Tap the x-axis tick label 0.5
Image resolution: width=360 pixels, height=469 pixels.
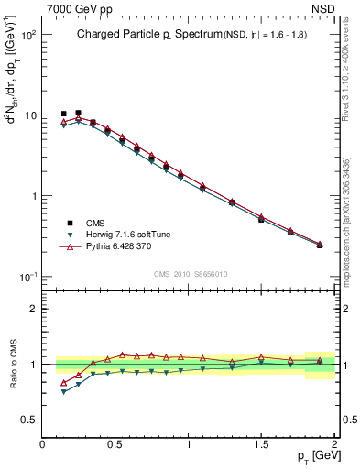115,444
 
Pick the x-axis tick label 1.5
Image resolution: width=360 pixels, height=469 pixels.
261,444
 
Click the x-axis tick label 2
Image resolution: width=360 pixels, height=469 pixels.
334,444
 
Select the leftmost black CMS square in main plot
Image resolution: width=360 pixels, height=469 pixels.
63,115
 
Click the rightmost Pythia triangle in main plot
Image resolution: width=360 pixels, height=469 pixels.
320,244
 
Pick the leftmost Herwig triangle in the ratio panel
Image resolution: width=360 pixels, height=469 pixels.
63,392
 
